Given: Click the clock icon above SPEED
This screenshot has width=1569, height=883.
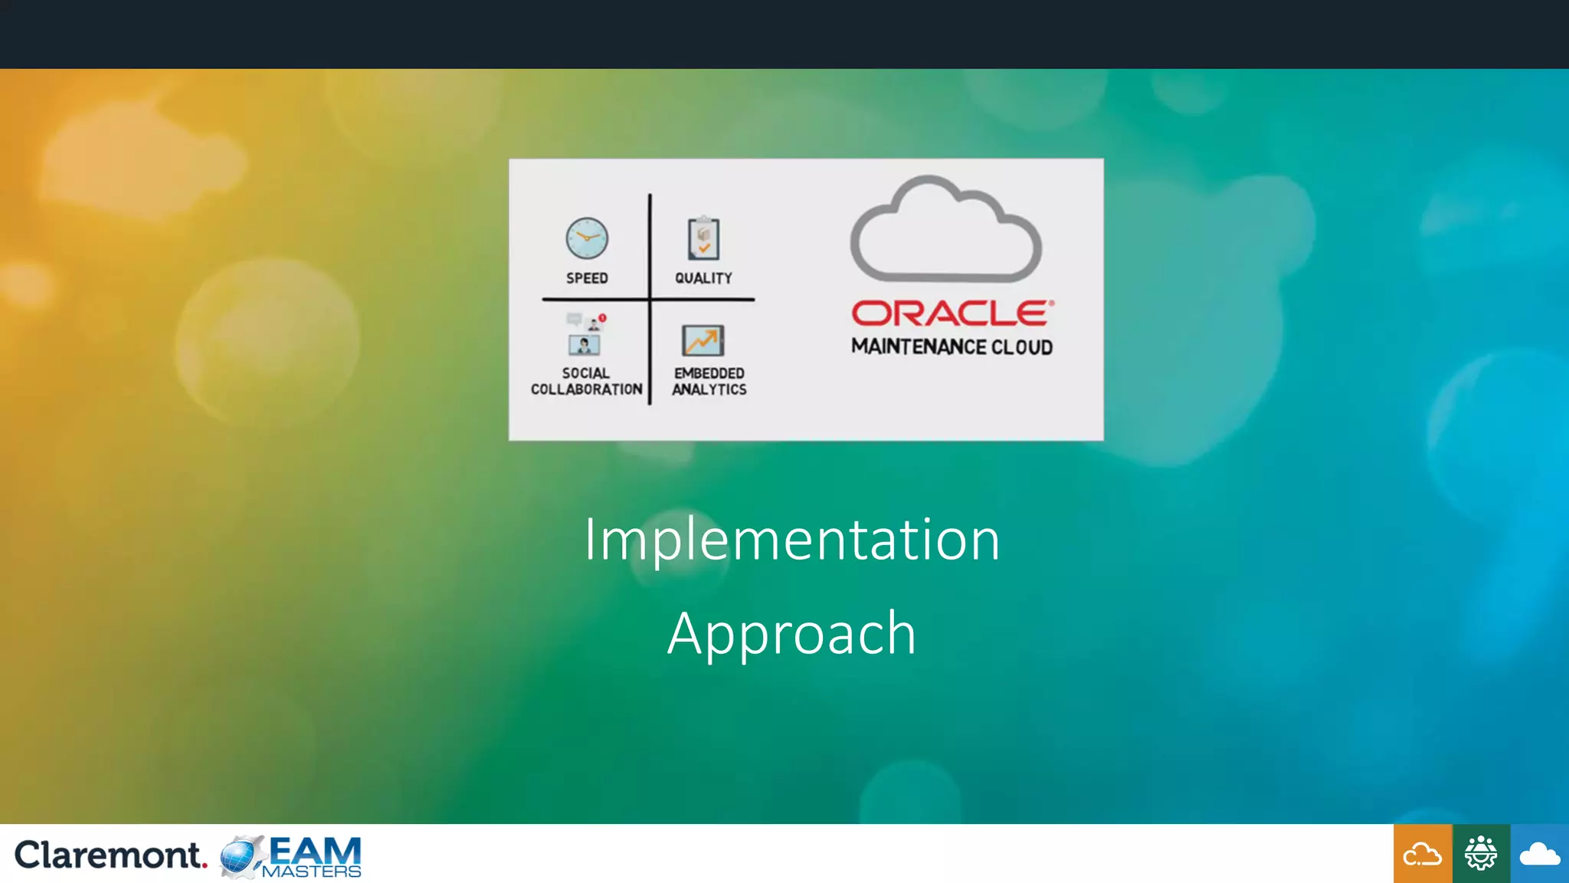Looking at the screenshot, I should (587, 238).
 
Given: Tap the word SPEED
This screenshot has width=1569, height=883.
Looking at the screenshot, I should (587, 278).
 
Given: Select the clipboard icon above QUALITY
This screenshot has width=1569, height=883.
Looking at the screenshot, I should (703, 239).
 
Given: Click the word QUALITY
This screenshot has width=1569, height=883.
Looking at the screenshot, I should (703, 278).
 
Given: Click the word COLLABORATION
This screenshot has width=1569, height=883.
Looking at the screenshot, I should (586, 389).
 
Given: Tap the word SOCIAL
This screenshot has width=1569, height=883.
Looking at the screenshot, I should (586, 373).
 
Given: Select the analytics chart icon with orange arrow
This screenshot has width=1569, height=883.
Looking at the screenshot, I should (703, 340).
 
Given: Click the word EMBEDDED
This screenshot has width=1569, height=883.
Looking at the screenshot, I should (709, 373).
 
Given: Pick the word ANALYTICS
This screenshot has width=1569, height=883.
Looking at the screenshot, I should (709, 389).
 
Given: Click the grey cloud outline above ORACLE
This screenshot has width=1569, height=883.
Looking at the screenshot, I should (945, 230).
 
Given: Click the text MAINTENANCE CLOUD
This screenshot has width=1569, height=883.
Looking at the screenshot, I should (952, 347).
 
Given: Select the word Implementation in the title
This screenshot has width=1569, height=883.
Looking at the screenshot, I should (791, 540).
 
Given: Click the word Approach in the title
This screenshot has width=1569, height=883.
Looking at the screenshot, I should (791, 634).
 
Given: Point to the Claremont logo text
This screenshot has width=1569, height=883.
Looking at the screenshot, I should (110, 855).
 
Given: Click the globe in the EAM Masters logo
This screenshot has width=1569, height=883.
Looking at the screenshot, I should (240, 856).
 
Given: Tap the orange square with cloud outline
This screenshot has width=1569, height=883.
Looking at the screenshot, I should (1422, 854).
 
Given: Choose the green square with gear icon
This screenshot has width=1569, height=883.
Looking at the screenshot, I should (1480, 854).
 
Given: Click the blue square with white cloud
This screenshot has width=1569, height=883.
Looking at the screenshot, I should (1539, 854).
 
